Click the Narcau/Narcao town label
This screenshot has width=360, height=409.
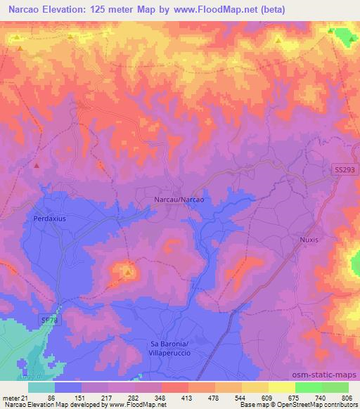179,200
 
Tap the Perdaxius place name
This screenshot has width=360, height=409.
49,219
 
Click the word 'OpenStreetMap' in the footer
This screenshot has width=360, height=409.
290,405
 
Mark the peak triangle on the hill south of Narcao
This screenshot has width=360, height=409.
128,271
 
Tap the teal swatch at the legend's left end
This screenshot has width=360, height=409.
41,388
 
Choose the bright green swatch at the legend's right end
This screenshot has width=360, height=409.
335,388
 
